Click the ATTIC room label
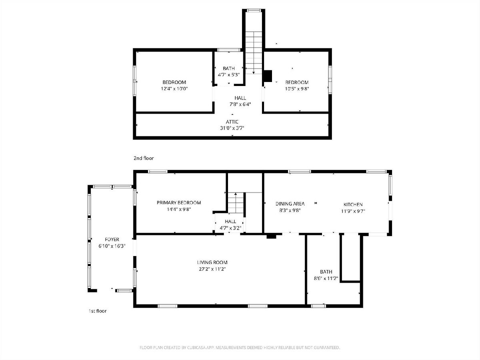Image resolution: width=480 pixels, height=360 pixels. [232, 122]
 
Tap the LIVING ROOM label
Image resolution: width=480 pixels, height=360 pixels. [212, 262]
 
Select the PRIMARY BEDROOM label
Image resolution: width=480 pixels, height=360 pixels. [179, 203]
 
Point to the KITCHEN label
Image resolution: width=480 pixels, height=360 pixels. [353, 204]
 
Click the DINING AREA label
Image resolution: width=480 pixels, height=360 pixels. [290, 204]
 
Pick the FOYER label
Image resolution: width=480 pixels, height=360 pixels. [112, 240]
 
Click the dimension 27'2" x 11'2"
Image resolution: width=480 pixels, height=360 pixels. [212, 269]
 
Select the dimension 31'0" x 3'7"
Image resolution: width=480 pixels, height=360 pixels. [232, 128]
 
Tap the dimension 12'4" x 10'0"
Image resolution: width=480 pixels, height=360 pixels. [174, 89]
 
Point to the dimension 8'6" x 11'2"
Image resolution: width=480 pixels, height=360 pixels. [326, 278]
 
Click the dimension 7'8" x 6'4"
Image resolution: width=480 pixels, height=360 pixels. [240, 104]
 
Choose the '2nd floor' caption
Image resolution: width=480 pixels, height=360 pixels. [144, 158]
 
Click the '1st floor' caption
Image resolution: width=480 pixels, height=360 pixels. [98, 311]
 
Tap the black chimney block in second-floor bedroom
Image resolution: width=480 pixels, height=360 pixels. [268, 76]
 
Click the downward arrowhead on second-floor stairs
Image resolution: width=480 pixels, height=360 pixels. [254, 72]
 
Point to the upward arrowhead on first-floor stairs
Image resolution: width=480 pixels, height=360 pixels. [236, 194]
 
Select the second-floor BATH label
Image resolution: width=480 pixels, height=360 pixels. [229, 68]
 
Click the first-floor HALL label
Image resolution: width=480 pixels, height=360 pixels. [230, 222]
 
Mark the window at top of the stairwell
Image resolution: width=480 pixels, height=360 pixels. [254, 10]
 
